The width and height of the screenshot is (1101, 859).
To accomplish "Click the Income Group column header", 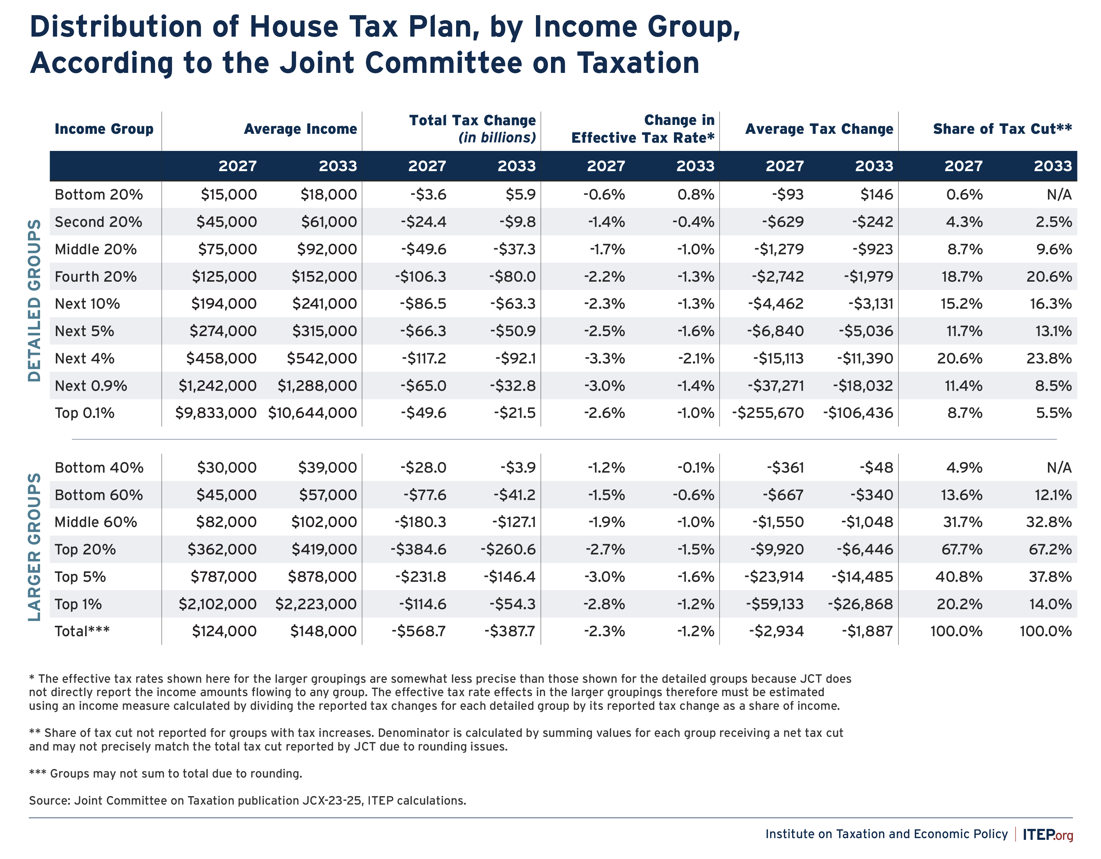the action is pos(104,129).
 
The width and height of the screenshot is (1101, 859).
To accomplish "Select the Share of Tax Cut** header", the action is pos(1002,129).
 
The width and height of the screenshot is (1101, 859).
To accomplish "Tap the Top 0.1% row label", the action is pos(85,413).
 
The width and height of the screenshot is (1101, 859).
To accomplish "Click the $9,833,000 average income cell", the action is pos(216,413).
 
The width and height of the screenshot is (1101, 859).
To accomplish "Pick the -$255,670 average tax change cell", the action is pos(768,413).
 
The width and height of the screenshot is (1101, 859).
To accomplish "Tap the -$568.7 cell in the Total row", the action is pos(419,631).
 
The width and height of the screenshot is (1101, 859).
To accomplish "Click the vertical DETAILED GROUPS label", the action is pos(34,300).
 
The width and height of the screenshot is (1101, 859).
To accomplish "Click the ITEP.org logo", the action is pos(1048,835).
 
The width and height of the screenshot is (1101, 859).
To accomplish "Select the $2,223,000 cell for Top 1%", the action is pos(316,604).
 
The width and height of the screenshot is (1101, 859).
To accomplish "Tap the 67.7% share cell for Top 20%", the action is pos(962,550).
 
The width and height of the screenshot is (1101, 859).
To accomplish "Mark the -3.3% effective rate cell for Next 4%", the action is pos(605,359).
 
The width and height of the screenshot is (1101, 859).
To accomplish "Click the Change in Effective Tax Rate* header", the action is pos(643,129).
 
